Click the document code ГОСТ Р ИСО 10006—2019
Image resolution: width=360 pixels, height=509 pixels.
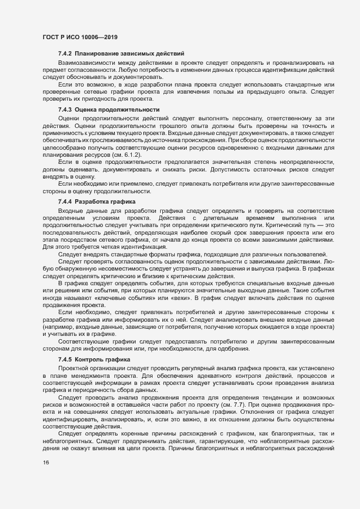click(80, 38)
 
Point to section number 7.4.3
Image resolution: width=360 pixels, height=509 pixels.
click(65, 109)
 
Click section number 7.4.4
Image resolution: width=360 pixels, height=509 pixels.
click(65, 201)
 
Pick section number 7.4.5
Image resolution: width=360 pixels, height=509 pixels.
click(65, 360)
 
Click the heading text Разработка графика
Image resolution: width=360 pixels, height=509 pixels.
click(105, 201)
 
